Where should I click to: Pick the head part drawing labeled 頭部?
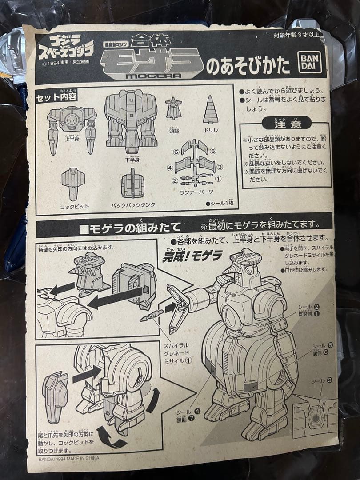[174, 108]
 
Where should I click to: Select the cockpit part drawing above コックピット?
[72, 184]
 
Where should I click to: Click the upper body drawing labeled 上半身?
[72, 125]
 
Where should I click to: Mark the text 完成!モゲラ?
[192, 256]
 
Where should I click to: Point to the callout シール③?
[323, 380]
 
